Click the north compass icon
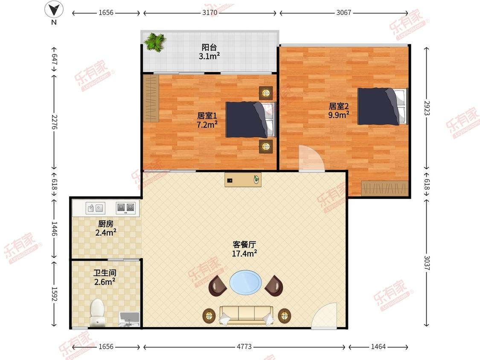[54, 9]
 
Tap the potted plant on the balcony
[155, 42]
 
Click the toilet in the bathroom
[98, 312]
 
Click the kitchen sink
[96, 208]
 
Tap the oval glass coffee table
[246, 282]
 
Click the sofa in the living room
[246, 315]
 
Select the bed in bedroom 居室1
[250, 119]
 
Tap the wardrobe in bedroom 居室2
[384, 189]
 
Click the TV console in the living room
[243, 180]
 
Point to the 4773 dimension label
[244, 347]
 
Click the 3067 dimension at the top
[343, 13]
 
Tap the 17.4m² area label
[244, 253]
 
